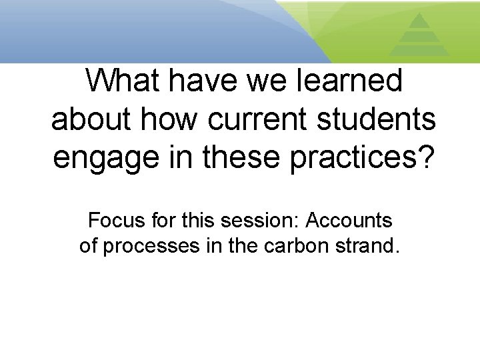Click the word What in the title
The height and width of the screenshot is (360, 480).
pyautogui.click(x=126, y=81)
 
